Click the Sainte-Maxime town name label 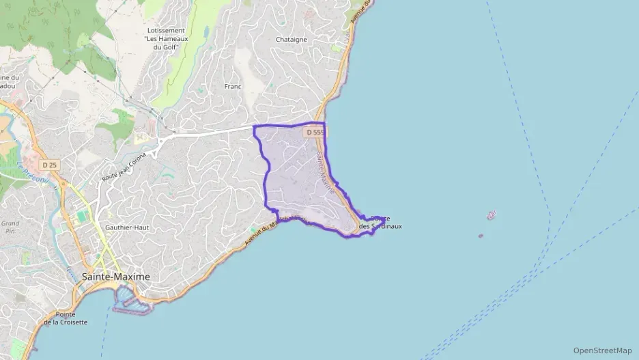point(115,277)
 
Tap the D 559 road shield point(315,132)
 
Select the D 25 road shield point(48,165)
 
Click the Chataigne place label point(292,40)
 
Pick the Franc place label point(233,87)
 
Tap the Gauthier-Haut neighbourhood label point(128,227)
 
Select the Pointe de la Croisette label point(66,318)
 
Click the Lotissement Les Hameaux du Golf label point(165,39)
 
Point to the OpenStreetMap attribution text point(602,350)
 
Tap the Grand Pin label point(10,227)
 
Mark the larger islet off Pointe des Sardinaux point(491,216)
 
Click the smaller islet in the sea point(481,236)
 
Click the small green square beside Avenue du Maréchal point(253,230)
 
